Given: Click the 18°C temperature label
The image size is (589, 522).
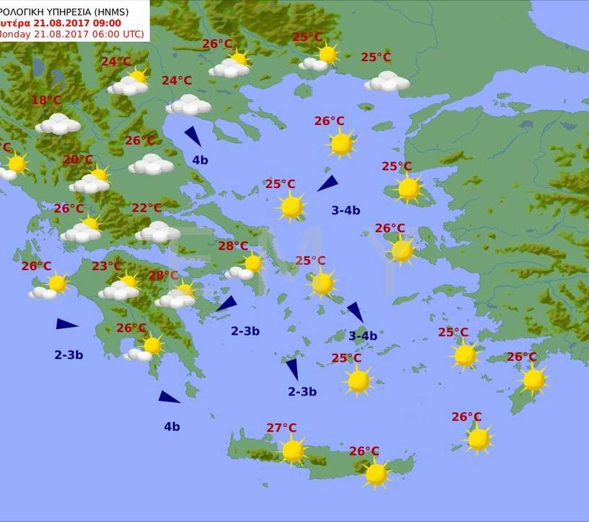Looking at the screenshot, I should tap(47, 101).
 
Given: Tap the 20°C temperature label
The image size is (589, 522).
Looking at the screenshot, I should tap(78, 159).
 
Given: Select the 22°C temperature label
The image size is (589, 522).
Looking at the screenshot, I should tap(147, 208).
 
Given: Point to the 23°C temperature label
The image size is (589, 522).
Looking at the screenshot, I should tap(106, 266).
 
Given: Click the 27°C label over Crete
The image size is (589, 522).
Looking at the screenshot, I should tap(282, 428).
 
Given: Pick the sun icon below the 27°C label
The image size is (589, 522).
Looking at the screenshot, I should tap(292, 451).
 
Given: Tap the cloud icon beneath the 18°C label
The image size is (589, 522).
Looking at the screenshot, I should tap(58, 124).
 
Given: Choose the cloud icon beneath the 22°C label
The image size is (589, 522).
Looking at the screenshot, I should tap(157, 232).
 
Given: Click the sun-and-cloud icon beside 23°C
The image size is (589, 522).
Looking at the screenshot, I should tap(121, 287).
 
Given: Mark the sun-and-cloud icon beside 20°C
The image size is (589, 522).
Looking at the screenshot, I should tap(91, 181).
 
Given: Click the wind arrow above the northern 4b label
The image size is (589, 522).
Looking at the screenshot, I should tap(193, 136).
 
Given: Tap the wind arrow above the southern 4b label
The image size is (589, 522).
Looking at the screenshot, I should tap(170, 397).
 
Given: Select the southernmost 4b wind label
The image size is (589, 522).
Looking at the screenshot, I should tap(172, 427).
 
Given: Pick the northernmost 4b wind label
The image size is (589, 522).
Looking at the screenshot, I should tap(200, 160).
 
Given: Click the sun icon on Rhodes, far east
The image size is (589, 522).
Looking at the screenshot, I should tap(534, 379).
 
